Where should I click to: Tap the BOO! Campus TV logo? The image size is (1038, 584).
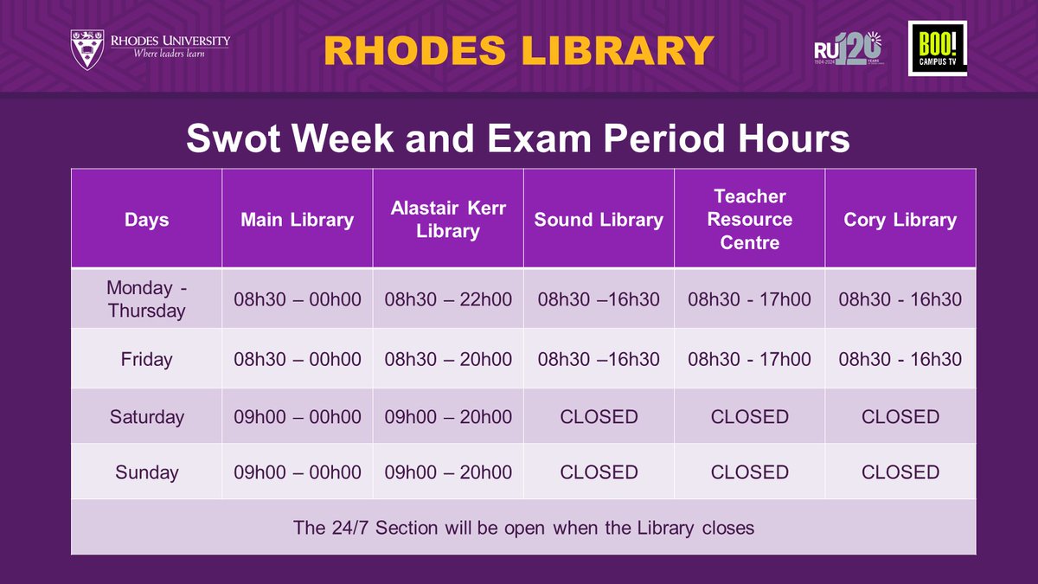937,48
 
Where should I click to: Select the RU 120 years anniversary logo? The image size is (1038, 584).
849,48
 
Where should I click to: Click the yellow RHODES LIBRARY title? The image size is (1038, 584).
518,50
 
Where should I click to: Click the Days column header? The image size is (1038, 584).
146,220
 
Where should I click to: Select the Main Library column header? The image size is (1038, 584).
297,220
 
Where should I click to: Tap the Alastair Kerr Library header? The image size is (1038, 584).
448,220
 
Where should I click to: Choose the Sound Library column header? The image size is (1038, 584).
599,220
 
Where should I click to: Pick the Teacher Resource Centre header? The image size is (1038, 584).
749,220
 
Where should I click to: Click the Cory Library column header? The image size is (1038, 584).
900,220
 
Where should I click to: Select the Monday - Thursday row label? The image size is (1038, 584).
146,299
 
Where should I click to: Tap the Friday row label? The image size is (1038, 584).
146,359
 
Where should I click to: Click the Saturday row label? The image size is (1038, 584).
146,417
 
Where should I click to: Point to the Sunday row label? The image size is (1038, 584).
146,472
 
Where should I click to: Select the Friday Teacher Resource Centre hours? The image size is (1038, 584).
749,359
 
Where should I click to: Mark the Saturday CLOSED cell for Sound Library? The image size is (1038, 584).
599,417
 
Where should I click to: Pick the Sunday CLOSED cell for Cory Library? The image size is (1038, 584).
900,472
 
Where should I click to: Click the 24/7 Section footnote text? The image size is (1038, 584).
523,527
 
